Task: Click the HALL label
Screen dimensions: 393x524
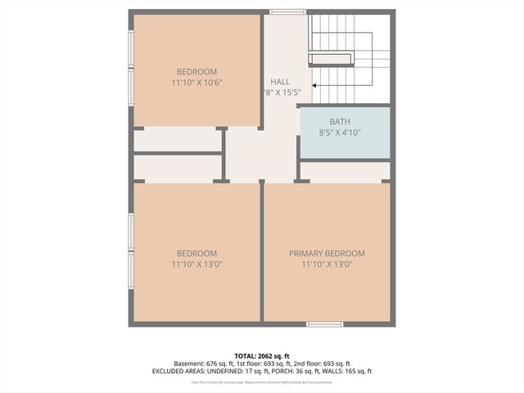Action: coord(279,82)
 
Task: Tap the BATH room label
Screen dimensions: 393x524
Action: coord(340,122)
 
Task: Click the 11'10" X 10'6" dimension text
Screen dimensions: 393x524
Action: coord(197,83)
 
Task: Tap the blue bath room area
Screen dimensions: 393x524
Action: coord(344,143)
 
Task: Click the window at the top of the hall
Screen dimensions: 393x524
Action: coord(287,11)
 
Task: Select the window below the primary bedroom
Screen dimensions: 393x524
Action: coord(324,324)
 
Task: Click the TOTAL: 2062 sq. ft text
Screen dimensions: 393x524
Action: coord(262,355)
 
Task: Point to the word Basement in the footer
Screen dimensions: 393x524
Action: coord(190,364)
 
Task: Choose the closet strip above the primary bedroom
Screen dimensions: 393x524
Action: coord(344,171)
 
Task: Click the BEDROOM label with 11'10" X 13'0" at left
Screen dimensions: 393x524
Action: coord(197,254)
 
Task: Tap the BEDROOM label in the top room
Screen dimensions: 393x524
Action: coord(197,72)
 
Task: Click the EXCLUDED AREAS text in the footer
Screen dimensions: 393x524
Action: coord(186,371)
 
